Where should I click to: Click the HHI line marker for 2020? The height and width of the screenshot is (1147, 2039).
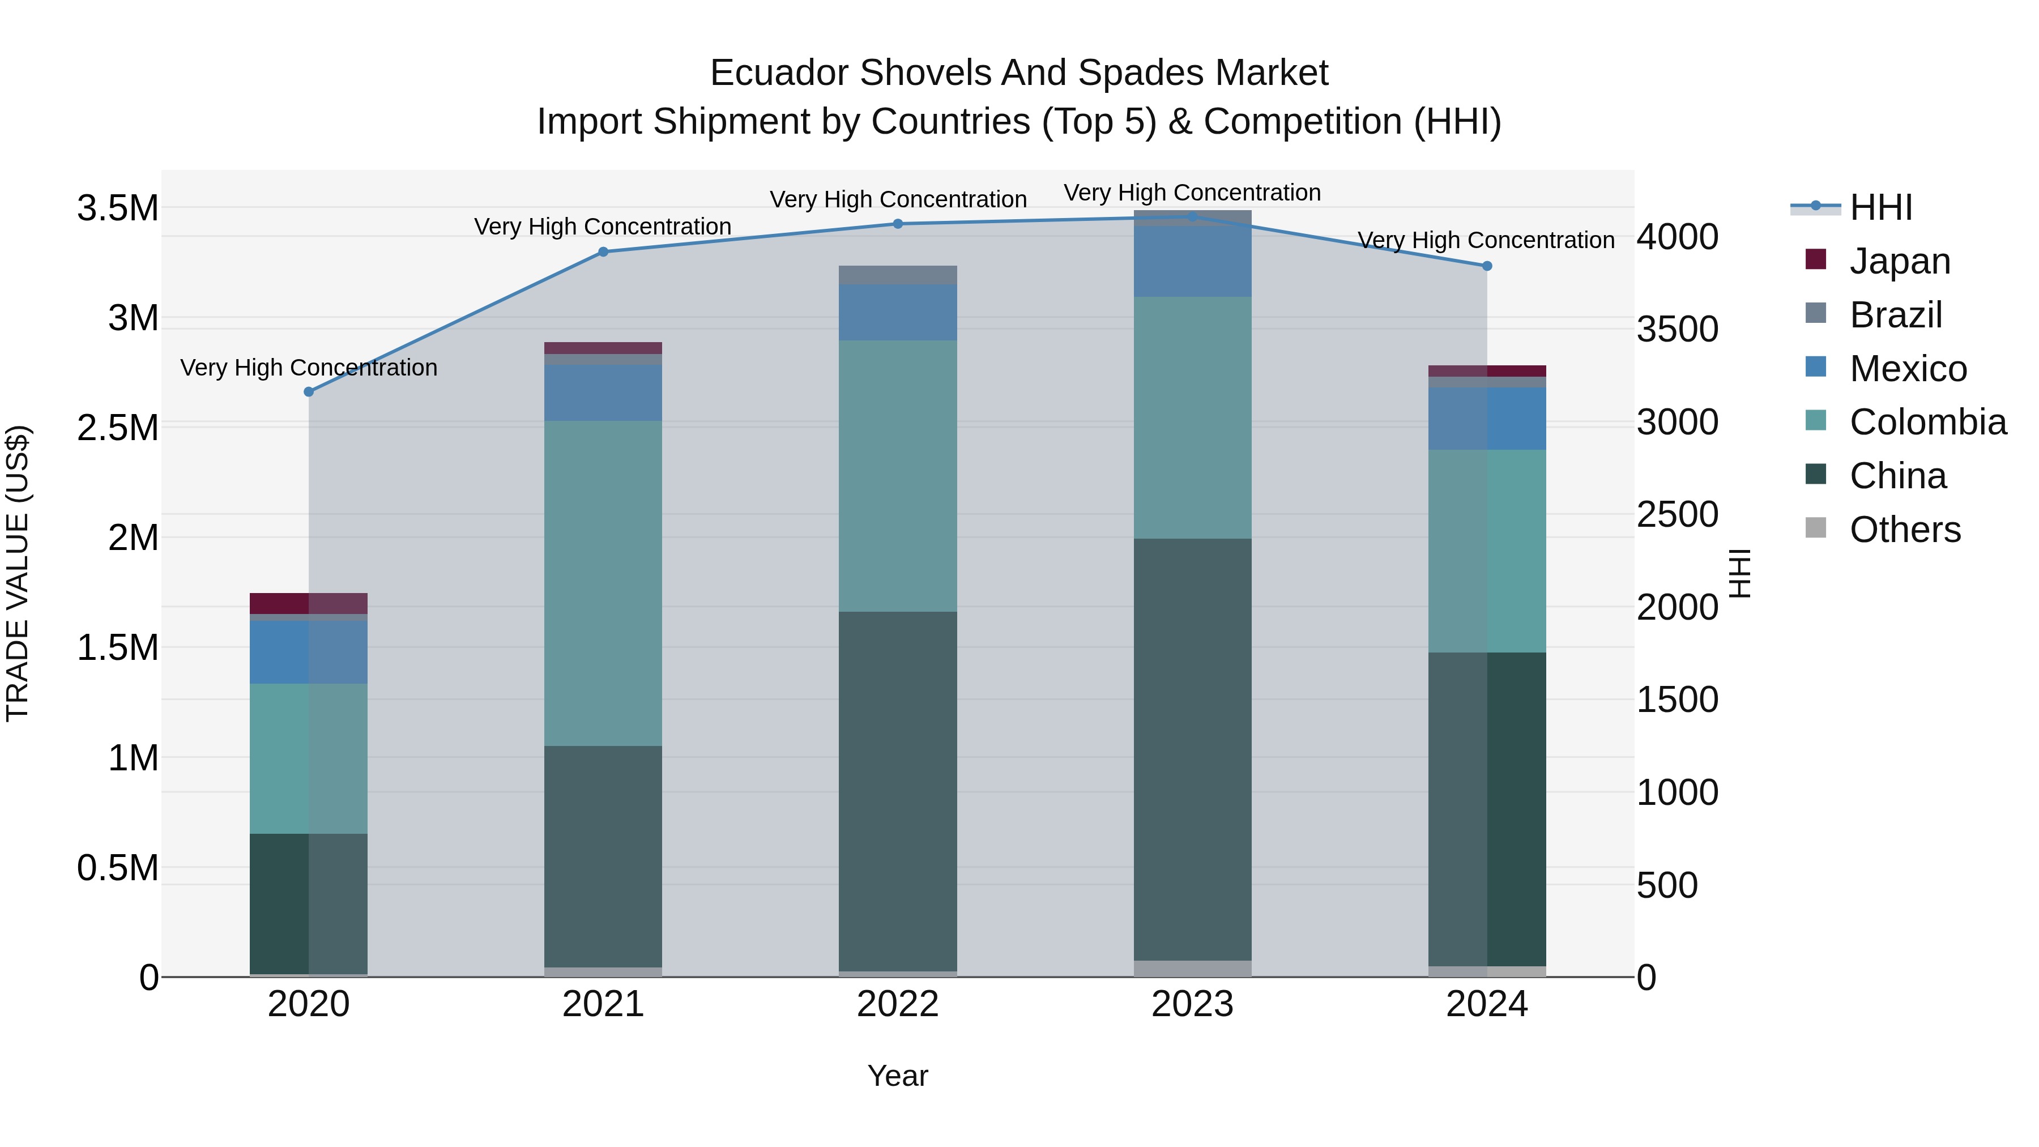tap(309, 392)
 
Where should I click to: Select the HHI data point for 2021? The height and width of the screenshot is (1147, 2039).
tap(603, 251)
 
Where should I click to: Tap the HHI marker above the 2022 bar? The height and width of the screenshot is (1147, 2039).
tap(898, 224)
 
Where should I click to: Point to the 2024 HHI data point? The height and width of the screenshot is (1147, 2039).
tap(1487, 266)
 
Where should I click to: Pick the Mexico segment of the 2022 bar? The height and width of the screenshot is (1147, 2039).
tap(898, 312)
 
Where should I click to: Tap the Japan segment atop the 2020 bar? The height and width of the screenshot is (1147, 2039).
tap(309, 603)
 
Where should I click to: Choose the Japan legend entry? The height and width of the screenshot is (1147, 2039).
tap(1900, 261)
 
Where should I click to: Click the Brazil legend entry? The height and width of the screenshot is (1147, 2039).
tap(1896, 314)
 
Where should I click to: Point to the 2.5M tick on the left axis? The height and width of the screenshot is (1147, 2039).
tap(117, 428)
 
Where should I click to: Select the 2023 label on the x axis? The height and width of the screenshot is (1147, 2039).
tap(1192, 1004)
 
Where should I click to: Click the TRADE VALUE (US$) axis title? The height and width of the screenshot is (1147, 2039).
tap(18, 573)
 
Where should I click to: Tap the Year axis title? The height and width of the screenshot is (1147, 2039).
tap(898, 1076)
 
